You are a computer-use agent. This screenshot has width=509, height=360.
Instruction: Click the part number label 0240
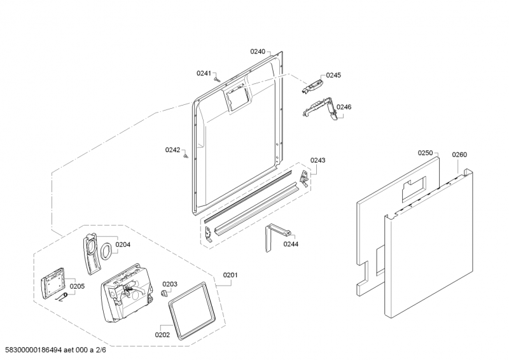coord(257,51)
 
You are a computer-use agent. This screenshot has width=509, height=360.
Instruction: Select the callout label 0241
coord(204,73)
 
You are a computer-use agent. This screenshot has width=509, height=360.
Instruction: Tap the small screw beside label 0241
coord(216,80)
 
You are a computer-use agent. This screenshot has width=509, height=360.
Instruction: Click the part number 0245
coord(333,75)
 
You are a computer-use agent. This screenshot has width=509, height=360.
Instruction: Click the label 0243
coord(317,160)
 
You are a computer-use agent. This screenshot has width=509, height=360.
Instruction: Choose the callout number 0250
coord(425,153)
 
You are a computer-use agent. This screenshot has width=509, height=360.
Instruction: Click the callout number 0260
coord(459,155)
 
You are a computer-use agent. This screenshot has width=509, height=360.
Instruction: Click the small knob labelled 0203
coord(165,293)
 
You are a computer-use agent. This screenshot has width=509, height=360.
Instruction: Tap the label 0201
coord(230,275)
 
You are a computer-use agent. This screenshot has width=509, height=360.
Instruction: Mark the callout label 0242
coord(173,150)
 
